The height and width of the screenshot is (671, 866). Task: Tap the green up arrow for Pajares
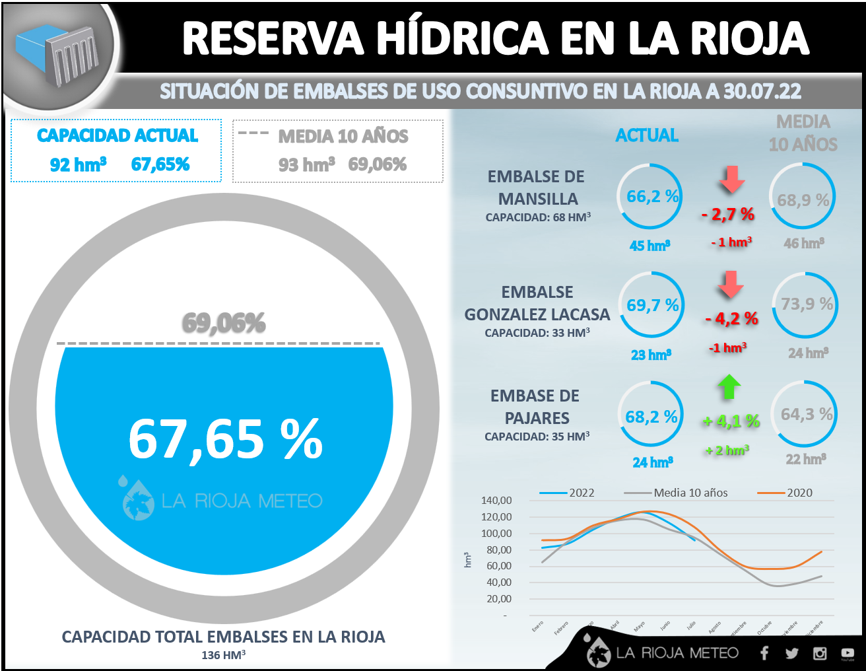coord(729,387)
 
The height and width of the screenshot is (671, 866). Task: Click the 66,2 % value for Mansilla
coord(652,197)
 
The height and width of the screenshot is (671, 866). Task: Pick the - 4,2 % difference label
coord(731,319)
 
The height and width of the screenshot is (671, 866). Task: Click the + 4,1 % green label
coord(731,421)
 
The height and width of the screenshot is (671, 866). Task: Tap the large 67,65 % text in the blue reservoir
coord(225,439)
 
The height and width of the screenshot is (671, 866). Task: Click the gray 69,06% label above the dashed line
coord(224,323)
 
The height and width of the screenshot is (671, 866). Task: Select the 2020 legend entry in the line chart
coord(799,493)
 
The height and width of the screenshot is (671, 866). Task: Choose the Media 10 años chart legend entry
coord(690,493)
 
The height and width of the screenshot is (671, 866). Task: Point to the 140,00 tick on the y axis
coord(496,501)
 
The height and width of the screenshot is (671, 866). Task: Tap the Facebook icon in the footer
coord(764,653)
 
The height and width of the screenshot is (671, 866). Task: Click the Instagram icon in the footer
coord(820,653)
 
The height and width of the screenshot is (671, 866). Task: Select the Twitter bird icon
coord(792,653)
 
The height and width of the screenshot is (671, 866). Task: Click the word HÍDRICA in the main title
coord(462,38)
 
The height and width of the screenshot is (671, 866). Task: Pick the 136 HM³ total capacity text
coord(224,655)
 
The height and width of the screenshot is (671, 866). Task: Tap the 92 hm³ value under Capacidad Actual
coord(78,164)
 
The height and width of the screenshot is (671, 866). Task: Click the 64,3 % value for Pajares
coord(806,415)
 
